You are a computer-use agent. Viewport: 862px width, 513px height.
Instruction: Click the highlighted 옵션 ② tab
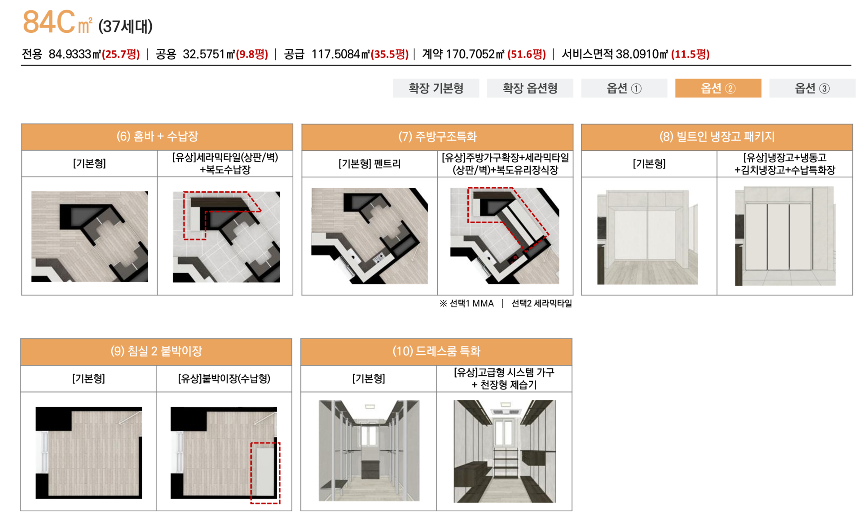(x=718, y=88)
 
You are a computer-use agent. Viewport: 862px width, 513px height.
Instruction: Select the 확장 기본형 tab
(x=435, y=88)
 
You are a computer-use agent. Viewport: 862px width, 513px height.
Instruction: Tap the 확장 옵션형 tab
(x=530, y=88)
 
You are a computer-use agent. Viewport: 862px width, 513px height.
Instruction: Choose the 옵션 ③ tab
(x=812, y=88)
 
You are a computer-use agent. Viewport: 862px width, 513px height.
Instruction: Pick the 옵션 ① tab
(x=624, y=88)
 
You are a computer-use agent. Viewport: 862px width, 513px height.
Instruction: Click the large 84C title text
(x=48, y=22)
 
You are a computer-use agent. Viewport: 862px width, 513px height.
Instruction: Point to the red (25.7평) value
(x=121, y=54)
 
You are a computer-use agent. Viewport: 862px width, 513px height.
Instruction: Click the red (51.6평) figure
(x=526, y=54)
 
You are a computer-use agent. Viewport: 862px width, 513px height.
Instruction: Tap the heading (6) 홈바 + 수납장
(x=157, y=137)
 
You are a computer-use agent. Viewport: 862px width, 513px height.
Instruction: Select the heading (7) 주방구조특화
(x=437, y=137)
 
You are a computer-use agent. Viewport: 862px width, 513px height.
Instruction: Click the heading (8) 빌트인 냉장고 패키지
(x=717, y=137)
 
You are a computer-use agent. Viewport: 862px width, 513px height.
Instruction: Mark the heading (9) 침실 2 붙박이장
(x=156, y=351)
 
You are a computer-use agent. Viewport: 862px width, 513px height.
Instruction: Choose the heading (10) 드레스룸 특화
(x=436, y=351)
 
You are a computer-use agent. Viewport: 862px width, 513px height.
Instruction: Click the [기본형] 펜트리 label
(x=369, y=164)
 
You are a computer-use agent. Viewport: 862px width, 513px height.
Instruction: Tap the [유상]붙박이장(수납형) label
(x=224, y=379)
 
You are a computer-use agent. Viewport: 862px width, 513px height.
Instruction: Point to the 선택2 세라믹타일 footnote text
(x=541, y=304)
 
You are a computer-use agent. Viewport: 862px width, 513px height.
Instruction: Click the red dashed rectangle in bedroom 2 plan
(x=265, y=473)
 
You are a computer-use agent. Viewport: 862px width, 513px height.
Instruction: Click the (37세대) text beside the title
(x=125, y=27)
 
